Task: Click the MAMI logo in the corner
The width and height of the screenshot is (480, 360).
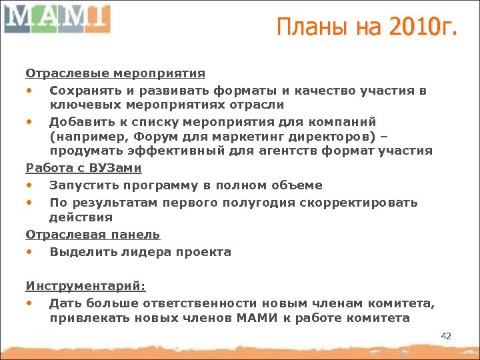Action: [57, 18]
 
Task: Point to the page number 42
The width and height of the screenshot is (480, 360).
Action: [446, 336]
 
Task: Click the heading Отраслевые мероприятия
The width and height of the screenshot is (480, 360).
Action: [115, 73]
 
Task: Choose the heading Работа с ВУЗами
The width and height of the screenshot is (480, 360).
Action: [83, 169]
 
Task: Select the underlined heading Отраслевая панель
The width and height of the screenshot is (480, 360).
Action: [93, 234]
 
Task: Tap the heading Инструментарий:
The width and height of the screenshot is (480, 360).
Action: [85, 286]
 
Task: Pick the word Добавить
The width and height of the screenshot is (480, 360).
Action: [83, 122]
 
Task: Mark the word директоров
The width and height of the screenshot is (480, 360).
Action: [303, 137]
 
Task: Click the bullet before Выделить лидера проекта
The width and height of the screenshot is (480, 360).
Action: [30, 252]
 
